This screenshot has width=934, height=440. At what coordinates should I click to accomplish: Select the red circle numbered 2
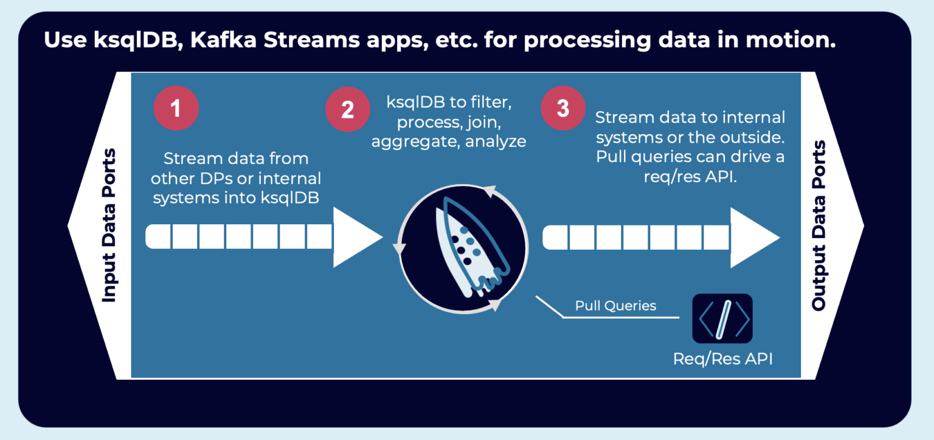tap(347, 110)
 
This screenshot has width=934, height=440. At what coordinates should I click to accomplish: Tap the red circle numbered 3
tap(563, 108)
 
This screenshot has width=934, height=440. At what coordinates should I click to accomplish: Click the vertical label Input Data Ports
tap(109, 225)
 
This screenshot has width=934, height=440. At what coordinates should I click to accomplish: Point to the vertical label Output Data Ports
tap(819, 225)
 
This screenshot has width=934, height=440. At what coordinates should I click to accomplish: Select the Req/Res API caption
tap(722, 359)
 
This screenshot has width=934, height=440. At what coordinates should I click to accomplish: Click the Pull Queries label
tap(615, 306)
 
